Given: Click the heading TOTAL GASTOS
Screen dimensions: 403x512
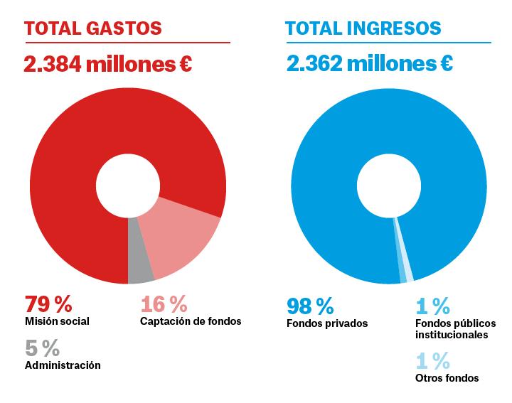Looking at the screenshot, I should (x=93, y=28).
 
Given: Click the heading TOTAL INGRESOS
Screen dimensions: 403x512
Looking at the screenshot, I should (x=363, y=28).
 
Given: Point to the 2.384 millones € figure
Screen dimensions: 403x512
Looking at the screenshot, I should (x=108, y=64).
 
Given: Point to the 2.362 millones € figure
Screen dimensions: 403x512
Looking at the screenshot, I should (x=370, y=64).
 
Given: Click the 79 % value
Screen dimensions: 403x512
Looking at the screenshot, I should (x=49, y=304).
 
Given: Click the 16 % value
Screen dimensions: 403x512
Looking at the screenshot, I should (x=164, y=304).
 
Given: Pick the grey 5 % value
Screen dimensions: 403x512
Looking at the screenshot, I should (x=42, y=348).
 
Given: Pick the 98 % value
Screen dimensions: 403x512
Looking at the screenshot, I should (x=311, y=306).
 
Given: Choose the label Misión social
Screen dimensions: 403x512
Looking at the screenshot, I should (x=57, y=321).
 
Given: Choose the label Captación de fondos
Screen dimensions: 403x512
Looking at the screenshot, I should (x=191, y=321).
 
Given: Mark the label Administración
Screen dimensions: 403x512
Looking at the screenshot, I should (x=63, y=365).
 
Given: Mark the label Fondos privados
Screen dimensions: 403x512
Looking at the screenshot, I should (x=327, y=323).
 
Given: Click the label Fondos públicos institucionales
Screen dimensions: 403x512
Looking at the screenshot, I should (x=455, y=328).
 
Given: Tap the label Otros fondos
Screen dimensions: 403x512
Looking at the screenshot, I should (x=447, y=378).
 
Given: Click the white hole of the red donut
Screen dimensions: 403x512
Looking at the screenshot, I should (x=128, y=186).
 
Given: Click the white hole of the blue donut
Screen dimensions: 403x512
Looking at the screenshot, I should (x=388, y=186).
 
